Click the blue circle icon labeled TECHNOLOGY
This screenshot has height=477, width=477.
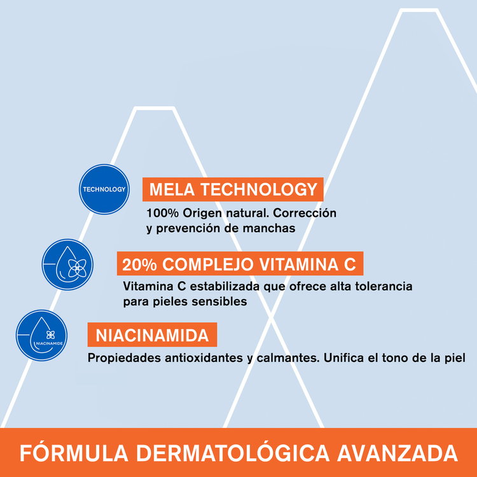coord(104,189)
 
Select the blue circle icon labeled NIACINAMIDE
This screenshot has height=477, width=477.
coord(42,336)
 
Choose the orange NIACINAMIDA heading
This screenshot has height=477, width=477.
coord(153,335)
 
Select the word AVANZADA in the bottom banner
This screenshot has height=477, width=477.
coord(397,453)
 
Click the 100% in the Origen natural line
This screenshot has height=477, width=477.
coord(161,212)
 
